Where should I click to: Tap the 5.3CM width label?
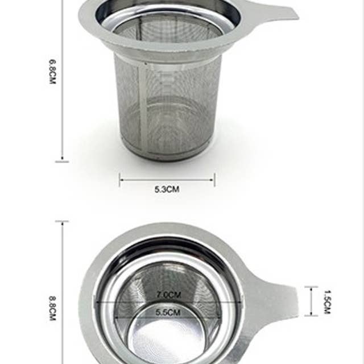[167, 189]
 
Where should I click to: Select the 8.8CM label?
[52, 308]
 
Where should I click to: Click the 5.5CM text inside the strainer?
[168, 312]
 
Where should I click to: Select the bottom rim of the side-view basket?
[167, 155]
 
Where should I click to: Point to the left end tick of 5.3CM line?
[119, 180]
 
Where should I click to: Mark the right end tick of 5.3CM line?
[214, 180]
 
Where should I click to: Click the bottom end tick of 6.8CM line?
[62, 162]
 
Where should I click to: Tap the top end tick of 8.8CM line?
[62, 221]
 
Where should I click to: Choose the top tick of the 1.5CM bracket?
[311, 287]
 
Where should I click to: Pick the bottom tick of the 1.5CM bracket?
[311, 315]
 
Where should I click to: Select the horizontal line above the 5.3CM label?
[167, 180]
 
